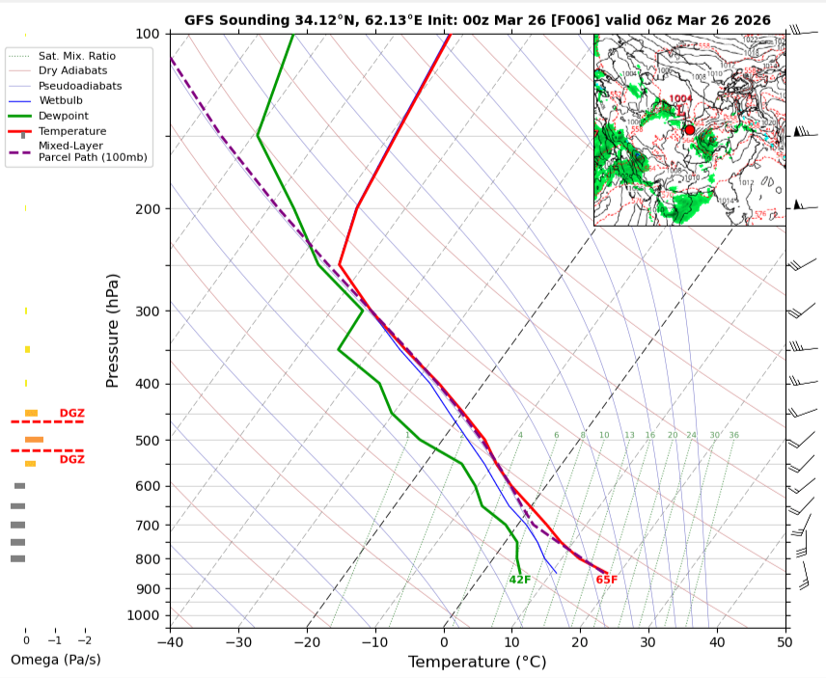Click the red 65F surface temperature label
pos(606,580)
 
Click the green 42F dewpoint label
pos(520,580)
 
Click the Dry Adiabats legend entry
pos(72,70)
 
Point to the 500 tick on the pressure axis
pos(148,441)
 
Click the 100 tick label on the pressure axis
pos(148,34)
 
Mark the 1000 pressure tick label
pos(144,615)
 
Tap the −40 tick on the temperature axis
pos(170,640)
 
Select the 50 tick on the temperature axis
pos(785,640)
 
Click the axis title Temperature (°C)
pos(477,662)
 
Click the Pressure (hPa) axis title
pos(113,331)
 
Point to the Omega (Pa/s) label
pos(55,660)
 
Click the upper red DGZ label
pos(72,413)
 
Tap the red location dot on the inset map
pos(689,129)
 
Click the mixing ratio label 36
pos(733,435)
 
